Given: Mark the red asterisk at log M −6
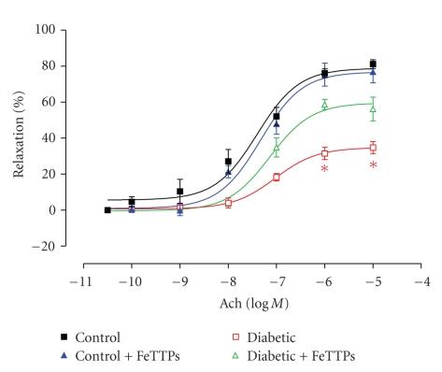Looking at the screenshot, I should (x=324, y=169).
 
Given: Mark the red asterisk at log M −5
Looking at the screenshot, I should (x=373, y=166).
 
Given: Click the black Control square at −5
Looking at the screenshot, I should (x=373, y=64).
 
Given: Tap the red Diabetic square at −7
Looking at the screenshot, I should (x=277, y=177).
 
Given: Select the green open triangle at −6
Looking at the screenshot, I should (x=324, y=104).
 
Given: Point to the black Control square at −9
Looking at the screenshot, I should (x=179, y=192).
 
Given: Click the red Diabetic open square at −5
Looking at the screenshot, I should (x=373, y=148).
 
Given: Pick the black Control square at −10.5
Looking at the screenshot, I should (x=107, y=210).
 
